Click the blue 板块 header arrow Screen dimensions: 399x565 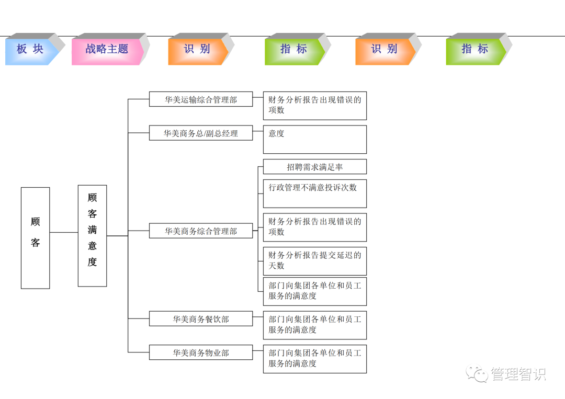coord(30,50)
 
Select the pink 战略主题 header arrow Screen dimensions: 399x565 coord(107,50)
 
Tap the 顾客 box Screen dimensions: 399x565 coord(35,238)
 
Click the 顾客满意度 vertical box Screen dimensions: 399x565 coord(92,236)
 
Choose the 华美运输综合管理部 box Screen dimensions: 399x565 coord(201,99)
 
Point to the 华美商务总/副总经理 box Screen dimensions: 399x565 coord(201,133)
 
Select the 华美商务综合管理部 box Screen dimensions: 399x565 coord(201,231)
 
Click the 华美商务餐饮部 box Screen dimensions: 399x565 coord(201,318)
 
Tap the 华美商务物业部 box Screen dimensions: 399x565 coord(201,352)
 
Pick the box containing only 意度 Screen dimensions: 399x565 coord(314,139)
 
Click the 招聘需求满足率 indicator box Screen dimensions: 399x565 coord(314,167)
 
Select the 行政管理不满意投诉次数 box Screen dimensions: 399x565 coord(314,193)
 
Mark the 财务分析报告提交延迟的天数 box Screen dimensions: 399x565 coord(314,261)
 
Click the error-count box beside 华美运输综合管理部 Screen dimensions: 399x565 coord(314,106)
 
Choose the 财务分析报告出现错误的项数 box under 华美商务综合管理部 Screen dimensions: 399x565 coord(314,227)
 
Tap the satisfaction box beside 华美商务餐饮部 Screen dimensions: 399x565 coord(314,325)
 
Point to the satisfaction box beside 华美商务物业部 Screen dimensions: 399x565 coord(314,359)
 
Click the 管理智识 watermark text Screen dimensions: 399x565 coord(518,374)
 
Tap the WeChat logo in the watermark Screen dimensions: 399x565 coord(478,373)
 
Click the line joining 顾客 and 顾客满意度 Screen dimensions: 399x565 coord(64,232)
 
